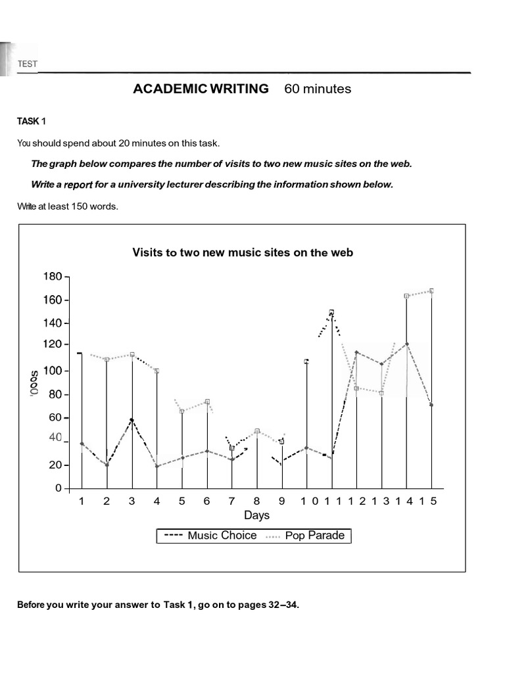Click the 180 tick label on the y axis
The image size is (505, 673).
tap(52, 277)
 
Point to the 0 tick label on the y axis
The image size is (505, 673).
tap(58, 488)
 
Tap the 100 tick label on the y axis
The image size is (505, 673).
tap(52, 371)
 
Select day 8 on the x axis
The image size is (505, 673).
tap(257, 501)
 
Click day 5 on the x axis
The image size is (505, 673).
tap(182, 501)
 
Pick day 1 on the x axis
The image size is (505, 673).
tap(82, 501)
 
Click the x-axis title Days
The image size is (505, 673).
tap(258, 515)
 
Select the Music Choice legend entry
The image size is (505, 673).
tap(210, 536)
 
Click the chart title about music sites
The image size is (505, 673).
tap(243, 252)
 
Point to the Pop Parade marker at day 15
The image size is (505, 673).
tap(431, 290)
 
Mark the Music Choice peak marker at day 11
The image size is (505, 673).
tap(331, 312)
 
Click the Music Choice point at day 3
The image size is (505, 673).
tap(132, 419)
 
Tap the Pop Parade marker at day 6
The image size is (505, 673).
tap(207, 402)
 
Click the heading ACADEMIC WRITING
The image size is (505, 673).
tap(201, 89)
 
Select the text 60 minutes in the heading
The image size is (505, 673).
tap(318, 89)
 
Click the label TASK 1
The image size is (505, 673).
tap(32, 122)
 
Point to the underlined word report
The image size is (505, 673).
tap(76, 185)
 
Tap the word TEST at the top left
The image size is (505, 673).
tap(28, 64)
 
